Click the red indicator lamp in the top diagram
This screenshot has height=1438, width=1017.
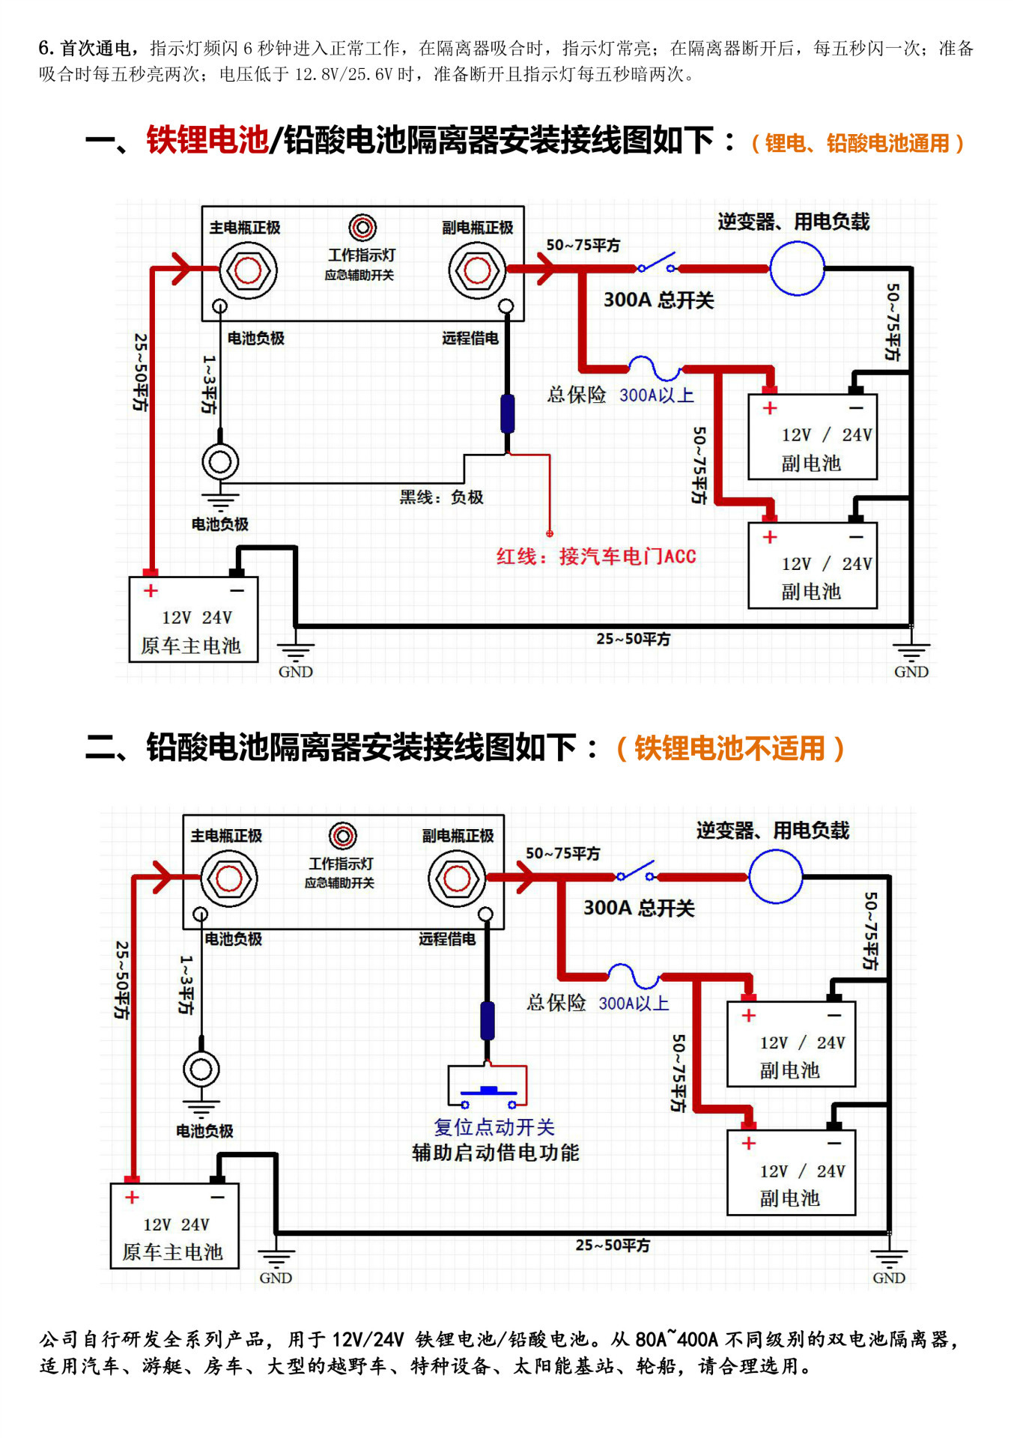pyautogui.click(x=362, y=227)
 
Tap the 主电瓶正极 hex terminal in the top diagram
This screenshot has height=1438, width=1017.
pyautogui.click(x=248, y=270)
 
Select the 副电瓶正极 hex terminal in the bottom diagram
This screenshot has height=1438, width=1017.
pyautogui.click(x=457, y=879)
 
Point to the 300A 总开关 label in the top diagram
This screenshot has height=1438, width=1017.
pyautogui.click(x=658, y=300)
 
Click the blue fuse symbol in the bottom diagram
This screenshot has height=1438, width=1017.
pyautogui.click(x=634, y=976)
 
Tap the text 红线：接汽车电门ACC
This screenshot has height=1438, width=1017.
pyautogui.click(x=596, y=556)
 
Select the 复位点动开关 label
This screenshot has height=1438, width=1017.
pyautogui.click(x=494, y=1127)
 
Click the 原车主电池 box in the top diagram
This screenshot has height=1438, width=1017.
pyautogui.click(x=193, y=619)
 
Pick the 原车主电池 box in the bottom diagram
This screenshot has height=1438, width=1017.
pyautogui.click(x=174, y=1226)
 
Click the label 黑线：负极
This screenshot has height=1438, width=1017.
pyautogui.click(x=441, y=497)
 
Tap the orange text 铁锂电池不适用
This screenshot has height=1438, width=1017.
pyautogui.click(x=729, y=748)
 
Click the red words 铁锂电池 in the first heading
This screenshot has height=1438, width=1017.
pyautogui.click(x=207, y=140)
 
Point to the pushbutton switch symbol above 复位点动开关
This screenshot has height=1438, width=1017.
pyautogui.click(x=488, y=1087)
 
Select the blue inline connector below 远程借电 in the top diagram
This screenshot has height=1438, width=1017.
pyautogui.click(x=508, y=413)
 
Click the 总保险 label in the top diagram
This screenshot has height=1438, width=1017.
pyautogui.click(x=576, y=395)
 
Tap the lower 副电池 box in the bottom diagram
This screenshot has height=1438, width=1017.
pyautogui.click(x=791, y=1172)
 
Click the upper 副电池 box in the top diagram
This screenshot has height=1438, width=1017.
pyautogui.click(x=813, y=437)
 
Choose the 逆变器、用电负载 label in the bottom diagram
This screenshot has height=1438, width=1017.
pyautogui.click(x=772, y=831)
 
